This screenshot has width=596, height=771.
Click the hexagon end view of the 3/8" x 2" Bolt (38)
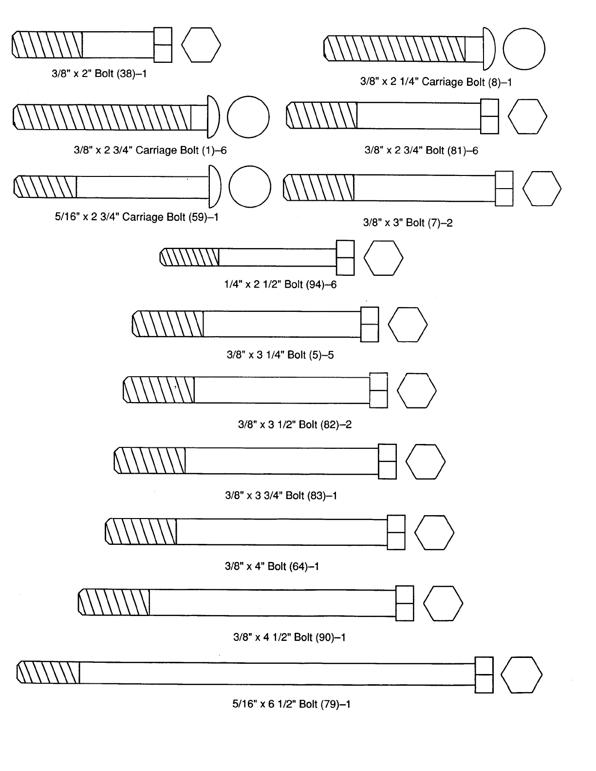tap(201, 45)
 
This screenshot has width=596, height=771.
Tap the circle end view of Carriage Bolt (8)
tap(524, 49)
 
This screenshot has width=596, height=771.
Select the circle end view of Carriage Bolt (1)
tap(248, 117)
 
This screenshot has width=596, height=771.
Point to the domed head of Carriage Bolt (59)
tap(215, 187)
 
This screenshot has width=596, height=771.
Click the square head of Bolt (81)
tap(489, 116)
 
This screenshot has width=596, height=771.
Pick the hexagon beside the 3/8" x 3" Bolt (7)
tap(541, 189)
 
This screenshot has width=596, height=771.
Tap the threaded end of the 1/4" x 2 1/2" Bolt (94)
tap(190, 257)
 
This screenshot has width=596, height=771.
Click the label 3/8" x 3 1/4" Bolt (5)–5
tap(280, 355)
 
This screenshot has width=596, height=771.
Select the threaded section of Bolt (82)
tap(159, 390)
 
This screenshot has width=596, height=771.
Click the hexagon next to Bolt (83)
tap(425, 462)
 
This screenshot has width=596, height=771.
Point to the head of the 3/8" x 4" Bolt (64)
tap(396, 532)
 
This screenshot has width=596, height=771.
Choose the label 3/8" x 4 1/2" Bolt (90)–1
tap(289, 637)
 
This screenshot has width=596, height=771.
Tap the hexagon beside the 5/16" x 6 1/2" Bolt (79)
tap(521, 675)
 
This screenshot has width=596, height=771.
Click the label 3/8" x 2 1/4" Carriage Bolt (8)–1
tap(436, 82)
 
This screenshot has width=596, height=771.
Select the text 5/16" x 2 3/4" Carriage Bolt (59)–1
tap(136, 217)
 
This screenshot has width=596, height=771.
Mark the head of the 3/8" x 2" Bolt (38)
tap(163, 45)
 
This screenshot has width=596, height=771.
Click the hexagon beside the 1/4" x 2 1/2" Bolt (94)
tap(383, 258)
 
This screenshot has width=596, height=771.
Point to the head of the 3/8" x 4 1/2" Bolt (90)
tap(405, 603)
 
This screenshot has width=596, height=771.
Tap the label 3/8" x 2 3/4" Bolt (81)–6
tap(421, 151)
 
